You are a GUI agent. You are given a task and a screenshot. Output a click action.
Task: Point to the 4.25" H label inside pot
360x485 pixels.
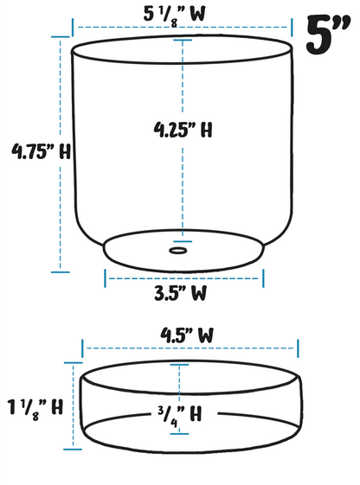pyautogui.click(x=183, y=131)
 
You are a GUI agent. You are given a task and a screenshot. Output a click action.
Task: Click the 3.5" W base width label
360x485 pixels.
pyautogui.click(x=180, y=292)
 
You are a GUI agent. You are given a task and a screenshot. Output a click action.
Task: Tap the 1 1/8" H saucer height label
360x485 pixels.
pyautogui.click(x=33, y=405)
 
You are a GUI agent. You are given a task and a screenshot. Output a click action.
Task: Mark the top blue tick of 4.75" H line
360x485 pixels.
pyautogui.click(x=60, y=37)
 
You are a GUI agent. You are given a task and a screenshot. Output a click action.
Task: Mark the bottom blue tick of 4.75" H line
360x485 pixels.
pyautogui.click(x=60, y=271)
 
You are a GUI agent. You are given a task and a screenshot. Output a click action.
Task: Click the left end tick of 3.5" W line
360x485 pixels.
pyautogui.click(x=106, y=278)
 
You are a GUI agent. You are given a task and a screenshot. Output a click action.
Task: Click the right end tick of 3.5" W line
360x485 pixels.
pyautogui.click(x=262, y=278)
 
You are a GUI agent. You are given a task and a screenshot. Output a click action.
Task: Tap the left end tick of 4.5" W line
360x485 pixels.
pyautogui.click(x=82, y=348)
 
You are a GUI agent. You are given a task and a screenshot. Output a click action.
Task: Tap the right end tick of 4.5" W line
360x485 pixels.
pyautogui.click(x=298, y=348)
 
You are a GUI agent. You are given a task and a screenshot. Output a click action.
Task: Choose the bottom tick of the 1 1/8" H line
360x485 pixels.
pyautogui.click(x=74, y=448)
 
